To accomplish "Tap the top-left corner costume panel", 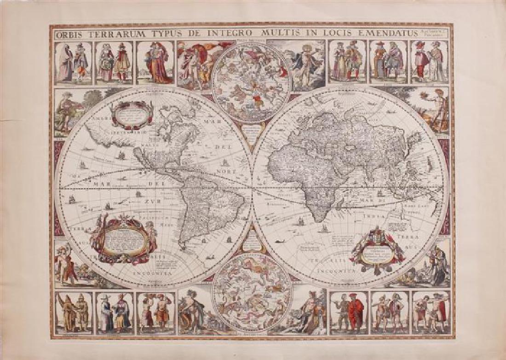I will click(73, 62).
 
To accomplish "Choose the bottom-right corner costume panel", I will click(431, 312).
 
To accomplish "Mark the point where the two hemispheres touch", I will click(252, 186).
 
